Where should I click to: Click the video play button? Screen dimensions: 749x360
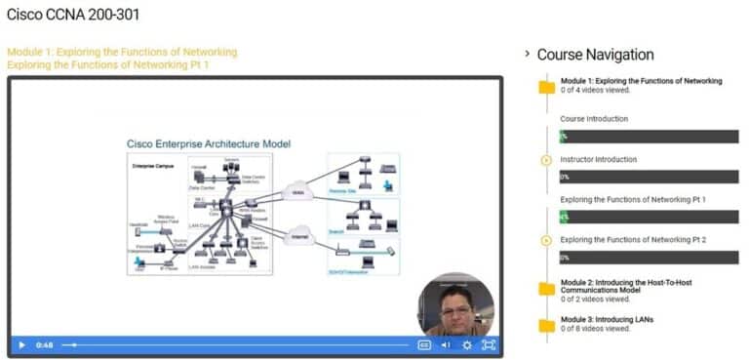pyautogui.click(x=21, y=344)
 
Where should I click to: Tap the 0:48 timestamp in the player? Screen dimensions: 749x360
pyautogui.click(x=45, y=344)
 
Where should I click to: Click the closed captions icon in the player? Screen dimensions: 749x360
pyautogui.click(x=424, y=344)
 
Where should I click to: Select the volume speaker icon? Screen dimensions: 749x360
pyautogui.click(x=446, y=344)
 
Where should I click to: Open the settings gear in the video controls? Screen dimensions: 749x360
pyautogui.click(x=467, y=344)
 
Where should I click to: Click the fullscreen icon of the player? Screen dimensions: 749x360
pyautogui.click(x=489, y=344)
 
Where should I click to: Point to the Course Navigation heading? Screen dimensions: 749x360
pyautogui.click(x=595, y=55)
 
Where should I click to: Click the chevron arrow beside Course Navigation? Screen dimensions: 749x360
pyautogui.click(x=528, y=55)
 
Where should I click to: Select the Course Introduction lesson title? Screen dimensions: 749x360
pyautogui.click(x=594, y=119)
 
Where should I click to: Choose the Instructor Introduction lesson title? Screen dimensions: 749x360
pyautogui.click(x=599, y=159)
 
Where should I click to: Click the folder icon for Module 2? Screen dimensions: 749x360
pyautogui.click(x=547, y=288)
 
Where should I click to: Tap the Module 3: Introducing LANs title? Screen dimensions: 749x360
pyautogui.click(x=607, y=319)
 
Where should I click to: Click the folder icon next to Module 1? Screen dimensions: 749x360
pyautogui.click(x=547, y=87)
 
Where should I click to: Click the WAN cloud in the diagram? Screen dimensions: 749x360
pyautogui.click(x=298, y=193)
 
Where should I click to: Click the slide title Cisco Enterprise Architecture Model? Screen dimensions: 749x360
pyautogui.click(x=209, y=144)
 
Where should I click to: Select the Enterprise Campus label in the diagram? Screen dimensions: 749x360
pyautogui.click(x=152, y=166)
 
